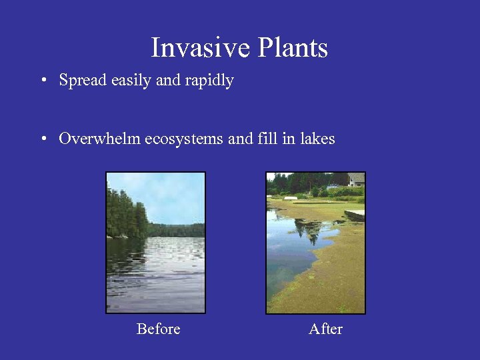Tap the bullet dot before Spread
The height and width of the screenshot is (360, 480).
pyautogui.click(x=43, y=81)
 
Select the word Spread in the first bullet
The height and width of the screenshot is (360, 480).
pyautogui.click(x=83, y=81)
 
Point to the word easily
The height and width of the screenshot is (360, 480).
pyautogui.click(x=131, y=81)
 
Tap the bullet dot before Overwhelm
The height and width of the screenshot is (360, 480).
pyautogui.click(x=43, y=139)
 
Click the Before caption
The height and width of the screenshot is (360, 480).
pyautogui.click(x=158, y=329)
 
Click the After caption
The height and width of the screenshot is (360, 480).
pyautogui.click(x=325, y=329)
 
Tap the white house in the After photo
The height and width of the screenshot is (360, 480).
pyautogui.click(x=356, y=179)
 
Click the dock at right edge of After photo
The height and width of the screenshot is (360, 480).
pyautogui.click(x=355, y=215)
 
